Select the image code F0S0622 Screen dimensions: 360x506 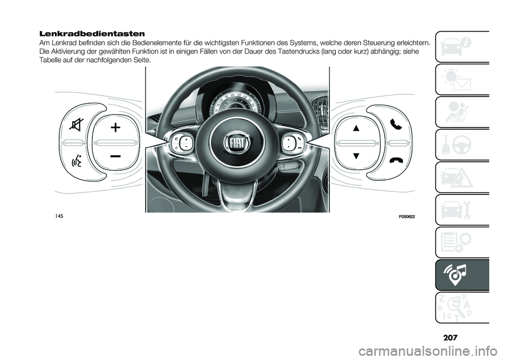[404, 217]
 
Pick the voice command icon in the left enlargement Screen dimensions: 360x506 [78, 160]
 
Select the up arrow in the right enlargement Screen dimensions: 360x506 [356, 128]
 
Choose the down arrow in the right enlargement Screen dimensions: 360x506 [356, 156]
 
